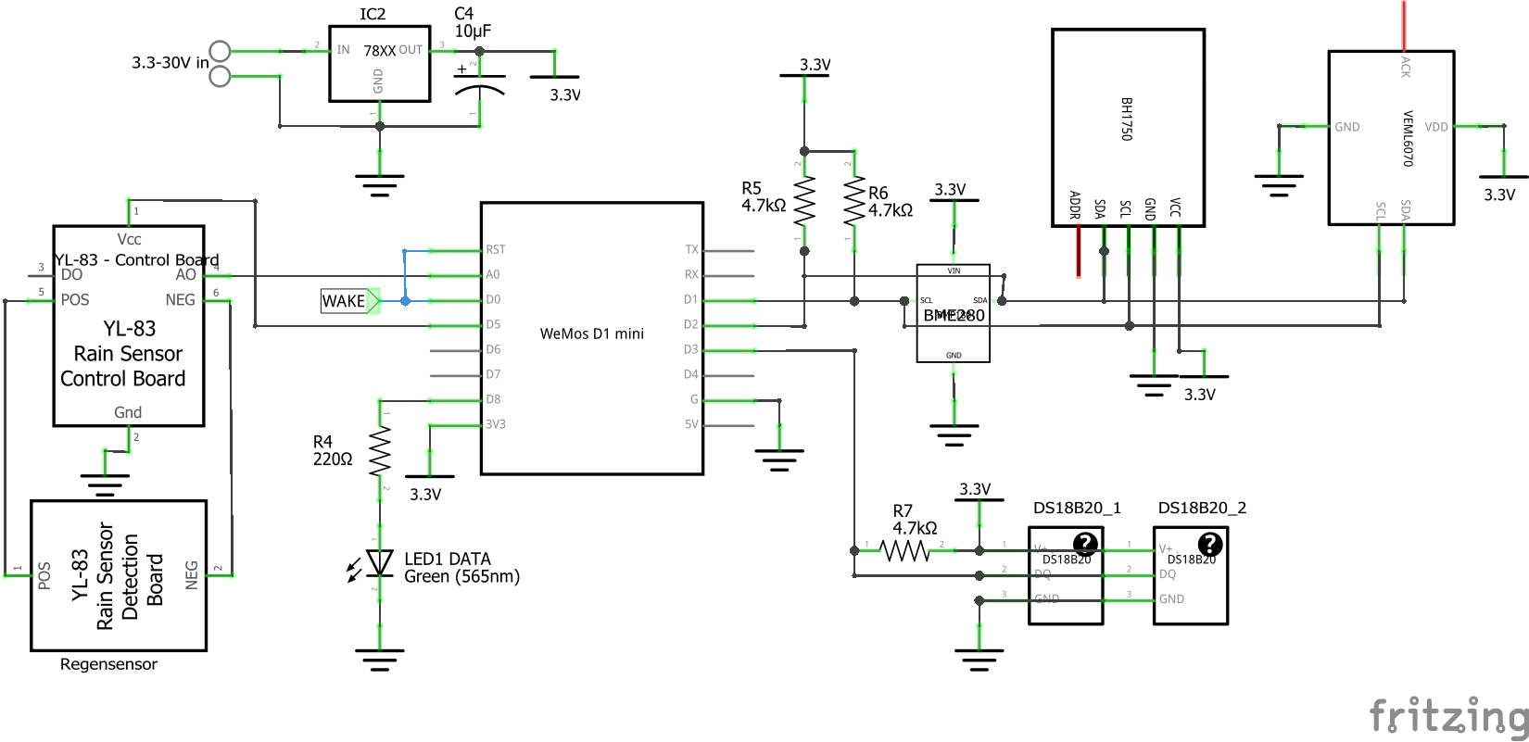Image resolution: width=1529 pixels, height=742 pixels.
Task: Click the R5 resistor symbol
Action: coord(803,201)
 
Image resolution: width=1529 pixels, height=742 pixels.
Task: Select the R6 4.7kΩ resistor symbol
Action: coord(853,201)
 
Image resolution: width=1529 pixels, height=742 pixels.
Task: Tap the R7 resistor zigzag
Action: coord(903,551)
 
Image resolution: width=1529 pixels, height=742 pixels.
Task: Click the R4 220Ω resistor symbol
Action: coord(380,451)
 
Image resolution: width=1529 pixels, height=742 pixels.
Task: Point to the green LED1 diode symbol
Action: coord(379,562)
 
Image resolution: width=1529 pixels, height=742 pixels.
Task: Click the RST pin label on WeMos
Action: coord(496,250)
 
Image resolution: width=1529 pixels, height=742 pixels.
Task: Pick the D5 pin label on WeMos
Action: coord(493,325)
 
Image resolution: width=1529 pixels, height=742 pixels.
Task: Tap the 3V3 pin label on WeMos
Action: coord(496,425)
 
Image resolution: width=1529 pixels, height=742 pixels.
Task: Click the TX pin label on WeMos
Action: coord(691,250)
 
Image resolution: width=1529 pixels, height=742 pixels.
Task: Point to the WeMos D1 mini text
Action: coord(591,333)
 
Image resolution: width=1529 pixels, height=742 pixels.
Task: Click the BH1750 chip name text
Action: coord(1127,119)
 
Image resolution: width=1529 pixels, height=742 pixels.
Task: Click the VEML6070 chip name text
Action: coord(1408,139)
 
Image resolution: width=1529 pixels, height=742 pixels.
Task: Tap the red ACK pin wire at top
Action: coord(1404,26)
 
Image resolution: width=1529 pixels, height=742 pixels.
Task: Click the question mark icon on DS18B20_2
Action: coord(1209,544)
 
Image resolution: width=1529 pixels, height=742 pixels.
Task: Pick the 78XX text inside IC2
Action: coord(379,51)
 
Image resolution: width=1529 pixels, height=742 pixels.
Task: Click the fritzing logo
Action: coord(1448,716)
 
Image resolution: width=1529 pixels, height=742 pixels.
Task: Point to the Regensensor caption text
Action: coord(108,664)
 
